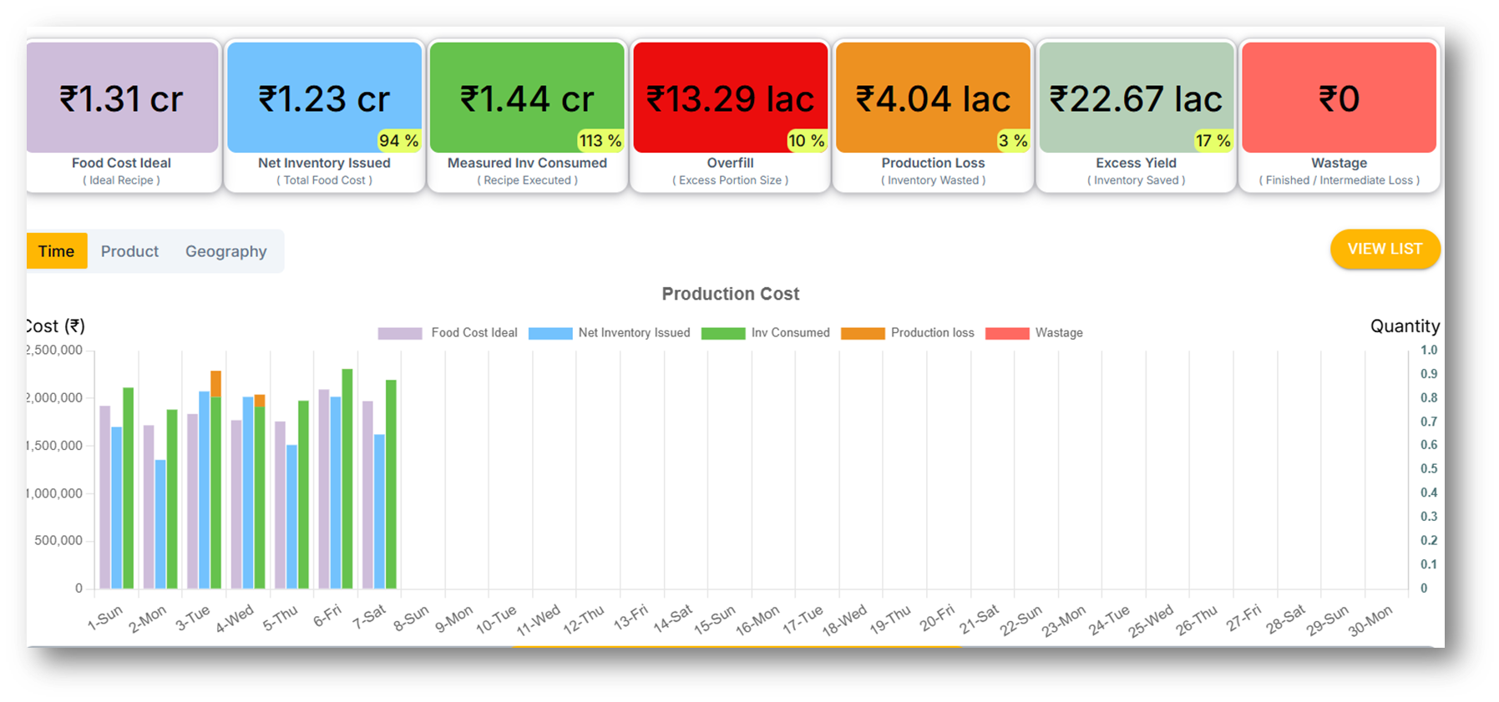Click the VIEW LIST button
coord(1384,249)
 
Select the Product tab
coord(129,251)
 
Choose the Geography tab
coord(225,251)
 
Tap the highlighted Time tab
coord(56,251)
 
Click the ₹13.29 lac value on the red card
coord(730,99)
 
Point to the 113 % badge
coord(600,140)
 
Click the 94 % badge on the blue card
coord(398,140)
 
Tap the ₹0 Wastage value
coord(1339,99)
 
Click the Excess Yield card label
coord(1136,163)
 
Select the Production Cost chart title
coord(730,294)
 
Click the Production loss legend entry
coord(908,332)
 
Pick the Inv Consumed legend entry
coord(767,332)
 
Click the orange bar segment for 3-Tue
coord(215,383)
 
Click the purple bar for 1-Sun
coord(105,497)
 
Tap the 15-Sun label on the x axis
coord(714,620)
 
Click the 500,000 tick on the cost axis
coord(58,540)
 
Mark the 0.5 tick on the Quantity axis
coord(1429,468)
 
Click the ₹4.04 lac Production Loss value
coord(933,99)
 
